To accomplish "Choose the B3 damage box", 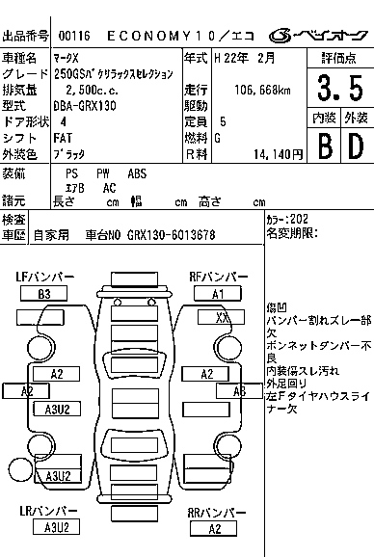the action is (x=44, y=294).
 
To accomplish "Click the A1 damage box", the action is (x=218, y=294).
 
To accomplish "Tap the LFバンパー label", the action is (x=44, y=278).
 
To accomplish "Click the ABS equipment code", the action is (x=138, y=173).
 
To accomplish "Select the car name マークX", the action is (x=68, y=59).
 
